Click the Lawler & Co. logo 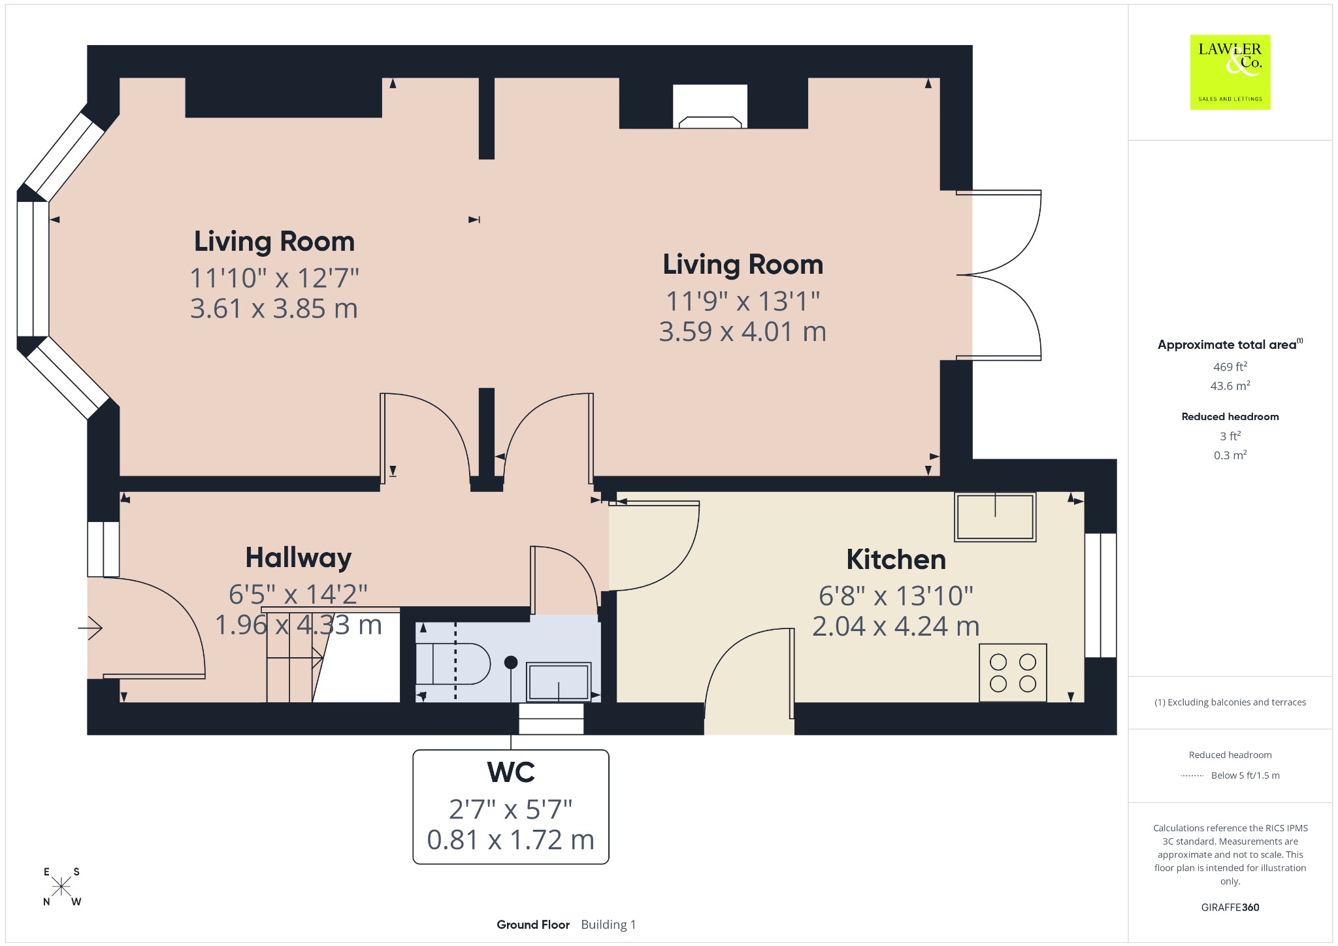[1230, 72]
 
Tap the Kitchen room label [896, 559]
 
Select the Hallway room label [299, 558]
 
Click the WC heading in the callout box [511, 772]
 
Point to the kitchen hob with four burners [1013, 673]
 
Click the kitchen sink [995, 517]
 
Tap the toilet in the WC [453, 664]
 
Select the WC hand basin [559, 681]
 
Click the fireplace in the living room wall [710, 106]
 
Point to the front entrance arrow [90, 628]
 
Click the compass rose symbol [61, 887]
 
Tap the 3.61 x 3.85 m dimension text [274, 308]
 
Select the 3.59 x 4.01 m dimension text [743, 332]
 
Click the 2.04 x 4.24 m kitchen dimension [896, 627]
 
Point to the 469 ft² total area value [1230, 367]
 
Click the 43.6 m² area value [1230, 385]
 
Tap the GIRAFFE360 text [1230, 907]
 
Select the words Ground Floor [533, 924]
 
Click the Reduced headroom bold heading [1230, 417]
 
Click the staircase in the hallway [333, 656]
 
